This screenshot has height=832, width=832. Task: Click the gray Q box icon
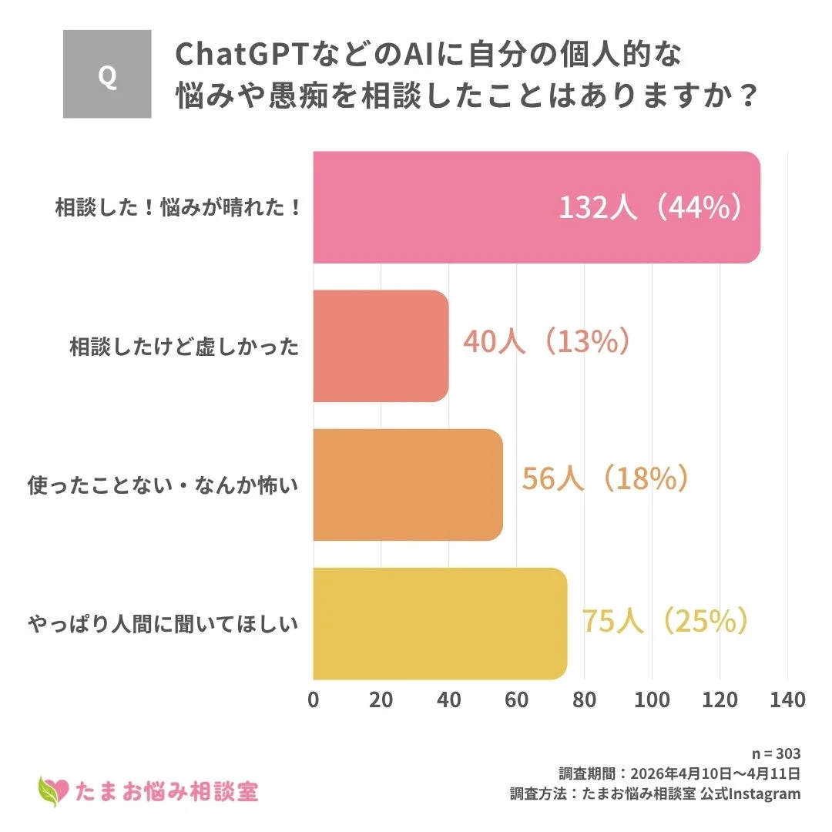pyautogui.click(x=107, y=75)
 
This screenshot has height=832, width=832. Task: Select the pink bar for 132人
pyautogui.click(x=462, y=207)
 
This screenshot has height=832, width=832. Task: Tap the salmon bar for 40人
pyautogui.click(x=381, y=346)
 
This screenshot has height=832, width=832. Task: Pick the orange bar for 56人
pyautogui.click(x=408, y=485)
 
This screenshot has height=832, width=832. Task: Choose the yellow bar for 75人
pyautogui.click(x=440, y=623)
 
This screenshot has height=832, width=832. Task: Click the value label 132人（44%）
pyautogui.click(x=652, y=208)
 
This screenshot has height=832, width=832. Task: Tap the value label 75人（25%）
pyautogui.click(x=665, y=621)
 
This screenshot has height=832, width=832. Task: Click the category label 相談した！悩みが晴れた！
pyautogui.click(x=178, y=208)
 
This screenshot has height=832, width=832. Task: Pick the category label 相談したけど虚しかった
pyautogui.click(x=184, y=347)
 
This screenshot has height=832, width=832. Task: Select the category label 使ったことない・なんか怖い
pyautogui.click(x=163, y=485)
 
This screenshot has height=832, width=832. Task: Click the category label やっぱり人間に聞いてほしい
pyautogui.click(x=163, y=623)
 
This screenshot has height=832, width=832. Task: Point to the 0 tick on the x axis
pyautogui.click(x=314, y=699)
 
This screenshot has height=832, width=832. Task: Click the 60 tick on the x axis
pyautogui.click(x=517, y=699)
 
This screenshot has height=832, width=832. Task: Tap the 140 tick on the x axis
pyautogui.click(x=787, y=699)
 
